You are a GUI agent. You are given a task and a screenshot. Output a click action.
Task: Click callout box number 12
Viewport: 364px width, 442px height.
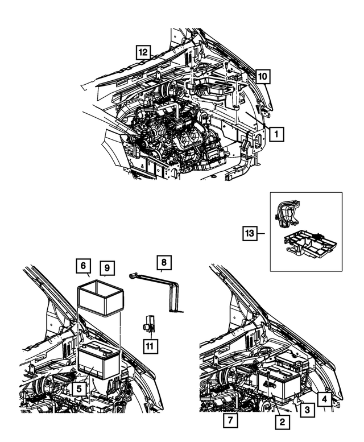[x=143, y=52]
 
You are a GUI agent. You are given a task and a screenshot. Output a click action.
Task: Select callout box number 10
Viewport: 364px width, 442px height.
[x=262, y=75]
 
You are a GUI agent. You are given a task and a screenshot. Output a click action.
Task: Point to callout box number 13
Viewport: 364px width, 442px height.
[x=249, y=233]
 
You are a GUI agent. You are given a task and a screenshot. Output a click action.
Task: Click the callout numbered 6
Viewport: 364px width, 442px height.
[x=83, y=266]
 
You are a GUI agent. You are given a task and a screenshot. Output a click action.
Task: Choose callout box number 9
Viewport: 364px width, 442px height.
[x=106, y=266]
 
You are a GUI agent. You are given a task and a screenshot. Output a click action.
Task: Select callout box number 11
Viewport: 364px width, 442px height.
[x=150, y=345]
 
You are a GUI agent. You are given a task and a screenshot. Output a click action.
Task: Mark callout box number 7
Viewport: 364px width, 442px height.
[x=231, y=422]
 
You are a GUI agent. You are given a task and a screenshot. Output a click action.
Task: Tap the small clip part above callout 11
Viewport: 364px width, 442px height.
[x=148, y=323]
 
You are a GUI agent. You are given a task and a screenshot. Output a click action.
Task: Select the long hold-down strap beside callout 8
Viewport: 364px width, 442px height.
[x=165, y=290]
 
